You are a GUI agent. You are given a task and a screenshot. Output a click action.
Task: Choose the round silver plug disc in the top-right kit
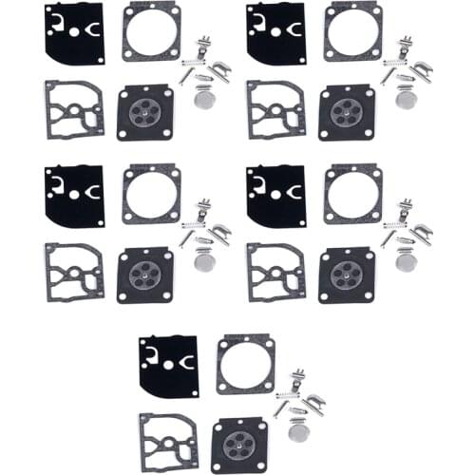(x=408, y=98)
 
